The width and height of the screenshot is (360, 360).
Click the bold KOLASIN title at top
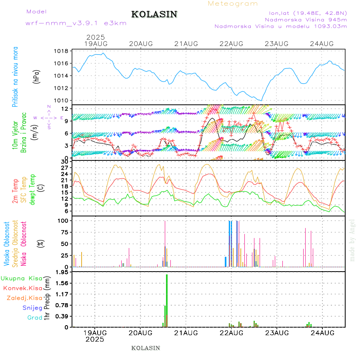[x=154, y=14]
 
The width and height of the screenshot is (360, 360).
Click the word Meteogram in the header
[x=233, y=4]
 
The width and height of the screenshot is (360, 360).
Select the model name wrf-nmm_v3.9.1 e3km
[x=76, y=23]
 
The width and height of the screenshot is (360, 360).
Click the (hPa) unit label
[x=37, y=76]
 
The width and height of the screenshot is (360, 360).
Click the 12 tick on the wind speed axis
[x=64, y=109]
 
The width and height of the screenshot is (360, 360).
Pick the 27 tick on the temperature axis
[x=64, y=168]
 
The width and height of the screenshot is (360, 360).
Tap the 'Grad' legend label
[x=34, y=318]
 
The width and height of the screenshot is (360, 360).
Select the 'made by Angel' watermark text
[x=352, y=240]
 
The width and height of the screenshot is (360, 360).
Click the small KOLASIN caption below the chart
[x=146, y=348]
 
